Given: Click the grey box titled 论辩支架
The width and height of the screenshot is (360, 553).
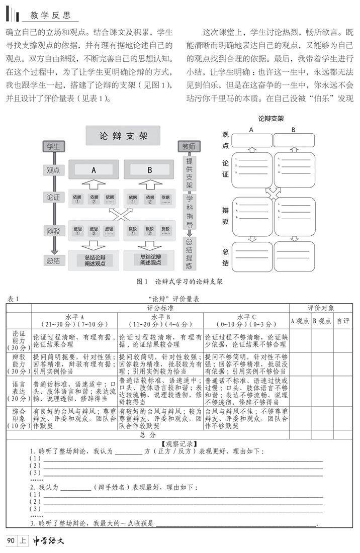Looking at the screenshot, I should click(x=123, y=135).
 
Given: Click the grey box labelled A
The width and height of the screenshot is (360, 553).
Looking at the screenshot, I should click(x=94, y=170).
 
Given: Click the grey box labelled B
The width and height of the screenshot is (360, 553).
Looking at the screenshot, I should click(x=149, y=170).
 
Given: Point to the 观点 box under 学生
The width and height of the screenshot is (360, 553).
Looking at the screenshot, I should click(x=53, y=170).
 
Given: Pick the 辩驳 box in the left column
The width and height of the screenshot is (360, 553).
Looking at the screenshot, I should click(x=53, y=231).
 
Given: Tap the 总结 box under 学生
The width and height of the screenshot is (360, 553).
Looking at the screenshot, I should click(x=53, y=260).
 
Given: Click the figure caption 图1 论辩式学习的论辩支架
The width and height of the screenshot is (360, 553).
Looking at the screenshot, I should click(x=179, y=282).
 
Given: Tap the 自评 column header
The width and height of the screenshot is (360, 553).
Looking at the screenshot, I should click(x=343, y=320).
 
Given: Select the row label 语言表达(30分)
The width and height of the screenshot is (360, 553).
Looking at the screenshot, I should click(x=19, y=391).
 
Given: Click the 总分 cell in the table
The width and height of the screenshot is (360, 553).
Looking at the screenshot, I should click(x=148, y=434).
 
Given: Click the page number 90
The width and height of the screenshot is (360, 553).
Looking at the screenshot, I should click(x=11, y=541).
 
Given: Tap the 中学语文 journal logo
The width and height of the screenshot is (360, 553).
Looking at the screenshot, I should click(x=49, y=541).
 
